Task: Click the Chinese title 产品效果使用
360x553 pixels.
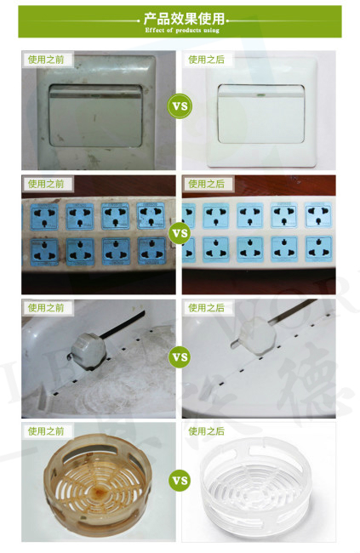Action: (180, 18)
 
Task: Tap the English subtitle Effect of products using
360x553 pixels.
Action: (180, 30)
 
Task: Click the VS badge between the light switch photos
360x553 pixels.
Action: (180, 107)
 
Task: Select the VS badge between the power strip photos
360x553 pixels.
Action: (180, 231)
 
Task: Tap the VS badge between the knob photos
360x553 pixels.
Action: (180, 356)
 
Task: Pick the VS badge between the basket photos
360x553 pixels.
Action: (180, 481)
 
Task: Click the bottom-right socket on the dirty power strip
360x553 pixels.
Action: (151, 249)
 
